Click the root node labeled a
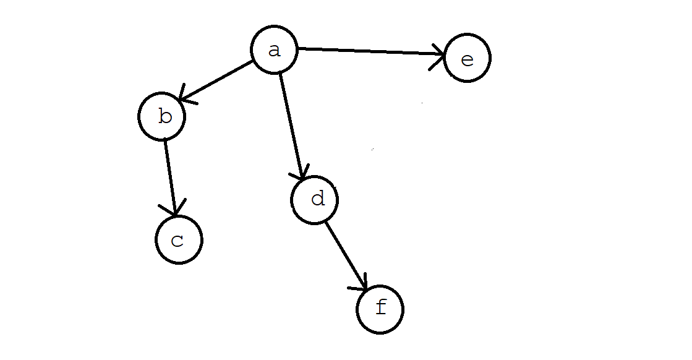(x=275, y=50)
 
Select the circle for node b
(x=162, y=117)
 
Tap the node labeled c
(x=179, y=240)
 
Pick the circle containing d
(x=315, y=200)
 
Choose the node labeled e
(x=467, y=59)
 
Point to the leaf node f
(x=380, y=309)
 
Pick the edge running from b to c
(x=170, y=176)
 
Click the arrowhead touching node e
(x=439, y=56)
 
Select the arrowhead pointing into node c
(x=175, y=210)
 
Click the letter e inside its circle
(x=468, y=60)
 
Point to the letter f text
(x=381, y=307)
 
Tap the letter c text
(x=178, y=241)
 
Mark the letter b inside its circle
(x=164, y=116)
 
